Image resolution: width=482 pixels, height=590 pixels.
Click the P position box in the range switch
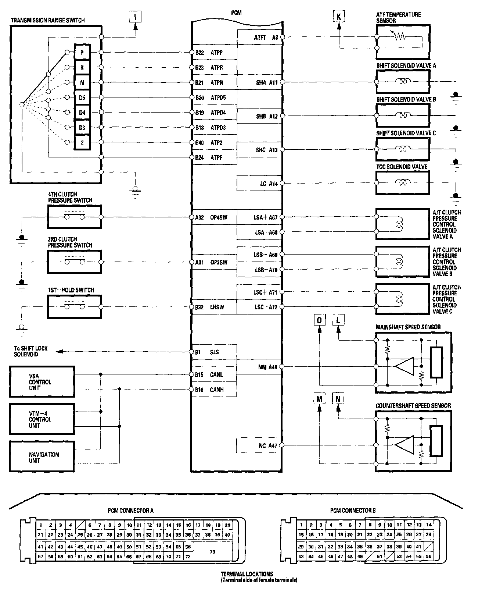82,53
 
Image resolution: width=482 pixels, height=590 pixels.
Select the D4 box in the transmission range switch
82,113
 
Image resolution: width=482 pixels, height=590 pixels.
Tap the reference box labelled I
136,16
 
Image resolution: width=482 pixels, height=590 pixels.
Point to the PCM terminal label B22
199,53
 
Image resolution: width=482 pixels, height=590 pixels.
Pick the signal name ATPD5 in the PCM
218,97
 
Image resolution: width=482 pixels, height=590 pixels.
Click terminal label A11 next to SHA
273,83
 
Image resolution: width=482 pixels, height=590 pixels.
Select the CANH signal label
217,390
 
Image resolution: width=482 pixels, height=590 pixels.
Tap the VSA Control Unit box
42,382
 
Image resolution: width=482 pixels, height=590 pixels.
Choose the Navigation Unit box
42,457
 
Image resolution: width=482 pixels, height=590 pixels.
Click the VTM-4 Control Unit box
42,419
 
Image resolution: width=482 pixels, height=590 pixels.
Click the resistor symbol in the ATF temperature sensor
399,37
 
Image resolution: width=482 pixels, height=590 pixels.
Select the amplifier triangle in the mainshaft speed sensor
404,366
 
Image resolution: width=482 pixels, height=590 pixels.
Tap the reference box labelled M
319,399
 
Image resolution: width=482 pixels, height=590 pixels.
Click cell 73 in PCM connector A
212,552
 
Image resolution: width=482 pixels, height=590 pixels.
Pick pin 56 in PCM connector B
428,557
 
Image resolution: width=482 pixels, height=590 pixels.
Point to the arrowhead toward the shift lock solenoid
58,352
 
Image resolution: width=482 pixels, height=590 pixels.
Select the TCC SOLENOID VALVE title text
402,167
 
